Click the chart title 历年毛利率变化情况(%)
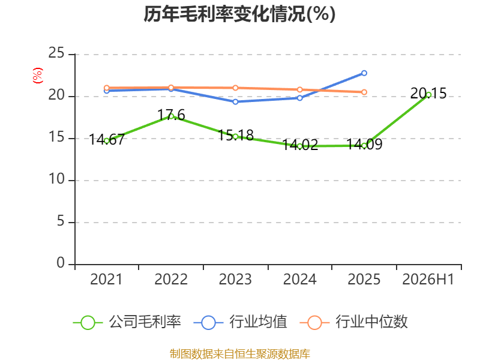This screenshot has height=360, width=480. pyautogui.click(x=239, y=14)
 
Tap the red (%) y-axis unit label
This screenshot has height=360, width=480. pyautogui.click(x=38, y=76)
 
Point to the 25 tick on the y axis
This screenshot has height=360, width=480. pyautogui.click(x=56, y=53)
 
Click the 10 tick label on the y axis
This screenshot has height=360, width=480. pyautogui.click(x=56, y=179)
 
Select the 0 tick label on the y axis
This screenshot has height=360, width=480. pyautogui.click(x=61, y=263)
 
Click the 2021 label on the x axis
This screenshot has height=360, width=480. pyautogui.click(x=106, y=280)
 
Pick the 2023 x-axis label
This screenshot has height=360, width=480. pyautogui.click(x=235, y=280)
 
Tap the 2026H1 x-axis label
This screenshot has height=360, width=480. pyautogui.click(x=428, y=280)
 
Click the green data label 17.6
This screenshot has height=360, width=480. pyautogui.click(x=171, y=115)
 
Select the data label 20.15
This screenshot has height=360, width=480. pyautogui.click(x=428, y=94)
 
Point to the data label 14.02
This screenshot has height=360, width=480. pyautogui.click(x=299, y=145)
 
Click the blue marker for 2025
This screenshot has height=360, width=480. pyautogui.click(x=364, y=73)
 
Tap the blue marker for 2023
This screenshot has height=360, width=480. pyautogui.click(x=235, y=102)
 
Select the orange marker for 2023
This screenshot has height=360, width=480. pyautogui.click(x=235, y=88)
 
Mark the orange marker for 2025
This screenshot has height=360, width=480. pyautogui.click(x=364, y=92)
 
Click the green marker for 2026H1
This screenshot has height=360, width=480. pyautogui.click(x=428, y=95)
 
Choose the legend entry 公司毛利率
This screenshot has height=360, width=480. pyautogui.click(x=127, y=322)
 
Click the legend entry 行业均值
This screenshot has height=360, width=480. pyautogui.click(x=241, y=322)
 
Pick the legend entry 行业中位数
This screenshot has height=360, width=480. pyautogui.click(x=353, y=322)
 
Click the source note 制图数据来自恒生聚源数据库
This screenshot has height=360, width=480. pyautogui.click(x=239, y=354)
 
